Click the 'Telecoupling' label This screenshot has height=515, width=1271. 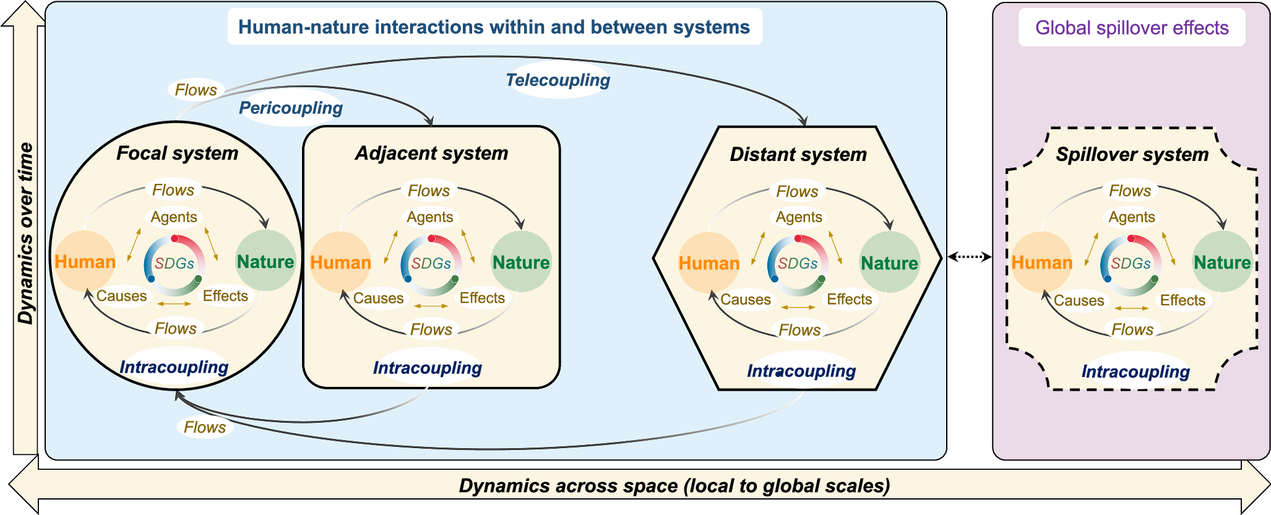pyautogui.click(x=558, y=80)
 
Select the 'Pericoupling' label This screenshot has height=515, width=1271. pyautogui.click(x=290, y=108)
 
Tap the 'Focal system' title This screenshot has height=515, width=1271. pyautogui.click(x=177, y=153)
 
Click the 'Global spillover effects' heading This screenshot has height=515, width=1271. pyautogui.click(x=1131, y=28)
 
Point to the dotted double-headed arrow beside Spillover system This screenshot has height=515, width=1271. pyautogui.click(x=969, y=256)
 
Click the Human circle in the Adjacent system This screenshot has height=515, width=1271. pyautogui.click(x=340, y=262)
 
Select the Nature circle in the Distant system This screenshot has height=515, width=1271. pyautogui.click(x=889, y=263)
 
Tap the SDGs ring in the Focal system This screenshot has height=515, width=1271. pyautogui.click(x=174, y=264)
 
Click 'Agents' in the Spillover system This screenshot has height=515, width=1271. pyautogui.click(x=1131, y=217)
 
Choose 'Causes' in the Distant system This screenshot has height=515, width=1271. pyautogui.click(x=745, y=300)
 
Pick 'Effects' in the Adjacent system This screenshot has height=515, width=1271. pyautogui.click(x=481, y=298)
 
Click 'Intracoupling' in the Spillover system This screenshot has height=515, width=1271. pyautogui.click(x=1135, y=371)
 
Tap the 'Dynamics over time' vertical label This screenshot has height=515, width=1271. pyautogui.click(x=25, y=233)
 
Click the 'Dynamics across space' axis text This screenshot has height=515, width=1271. pyautogui.click(x=674, y=486)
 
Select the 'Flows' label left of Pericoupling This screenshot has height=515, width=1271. pyautogui.click(x=196, y=90)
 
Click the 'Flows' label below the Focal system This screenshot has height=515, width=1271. pyautogui.click(x=204, y=427)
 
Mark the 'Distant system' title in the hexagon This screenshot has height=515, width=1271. pyautogui.click(x=798, y=154)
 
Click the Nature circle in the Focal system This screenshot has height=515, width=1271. pyautogui.click(x=265, y=261)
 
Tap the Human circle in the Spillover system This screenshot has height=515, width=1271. pyautogui.click(x=1041, y=262)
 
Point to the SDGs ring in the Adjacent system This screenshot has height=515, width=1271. pyautogui.click(x=431, y=264)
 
